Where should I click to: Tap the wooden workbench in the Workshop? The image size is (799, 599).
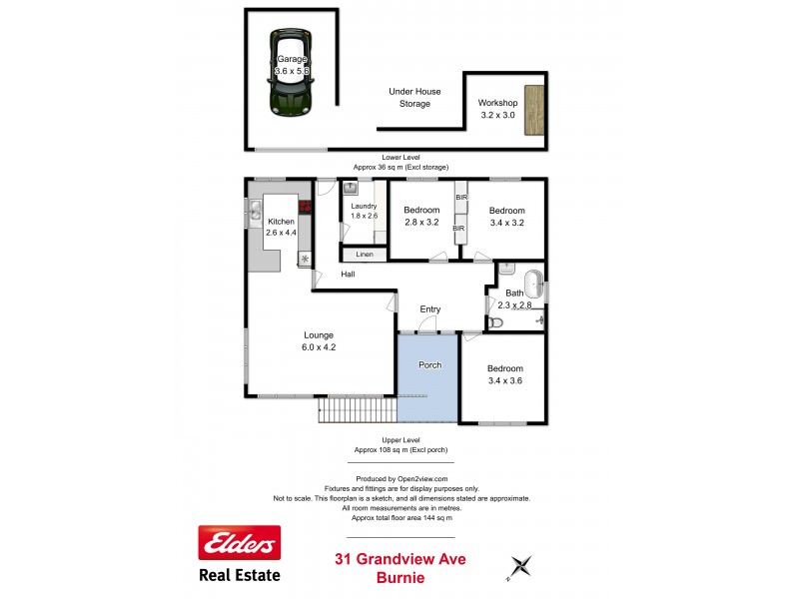[536, 110]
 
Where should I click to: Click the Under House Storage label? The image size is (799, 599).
[409, 97]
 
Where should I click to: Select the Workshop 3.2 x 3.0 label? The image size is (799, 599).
[496, 109]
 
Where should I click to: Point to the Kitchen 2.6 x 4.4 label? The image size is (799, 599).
[281, 226]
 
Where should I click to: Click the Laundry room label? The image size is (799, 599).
[364, 211]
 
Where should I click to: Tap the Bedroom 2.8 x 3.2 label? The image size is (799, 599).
[421, 216]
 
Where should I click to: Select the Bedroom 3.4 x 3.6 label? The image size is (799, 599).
[504, 374]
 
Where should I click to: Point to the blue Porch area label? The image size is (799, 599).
[429, 365]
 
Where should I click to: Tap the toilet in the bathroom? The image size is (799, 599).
[496, 322]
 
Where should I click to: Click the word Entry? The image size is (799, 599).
[429, 309]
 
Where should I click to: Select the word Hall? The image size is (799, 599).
[348, 274]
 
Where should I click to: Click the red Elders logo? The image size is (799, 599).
[240, 544]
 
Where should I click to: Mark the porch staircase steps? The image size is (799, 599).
[358, 409]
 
